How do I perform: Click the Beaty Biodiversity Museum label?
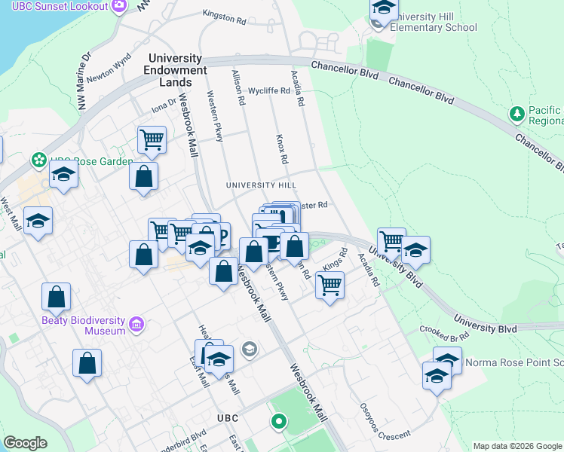point(82,325)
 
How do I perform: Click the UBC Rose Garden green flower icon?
point(37,160)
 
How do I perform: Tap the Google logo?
point(26,443)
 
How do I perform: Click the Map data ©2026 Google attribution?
point(517,446)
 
